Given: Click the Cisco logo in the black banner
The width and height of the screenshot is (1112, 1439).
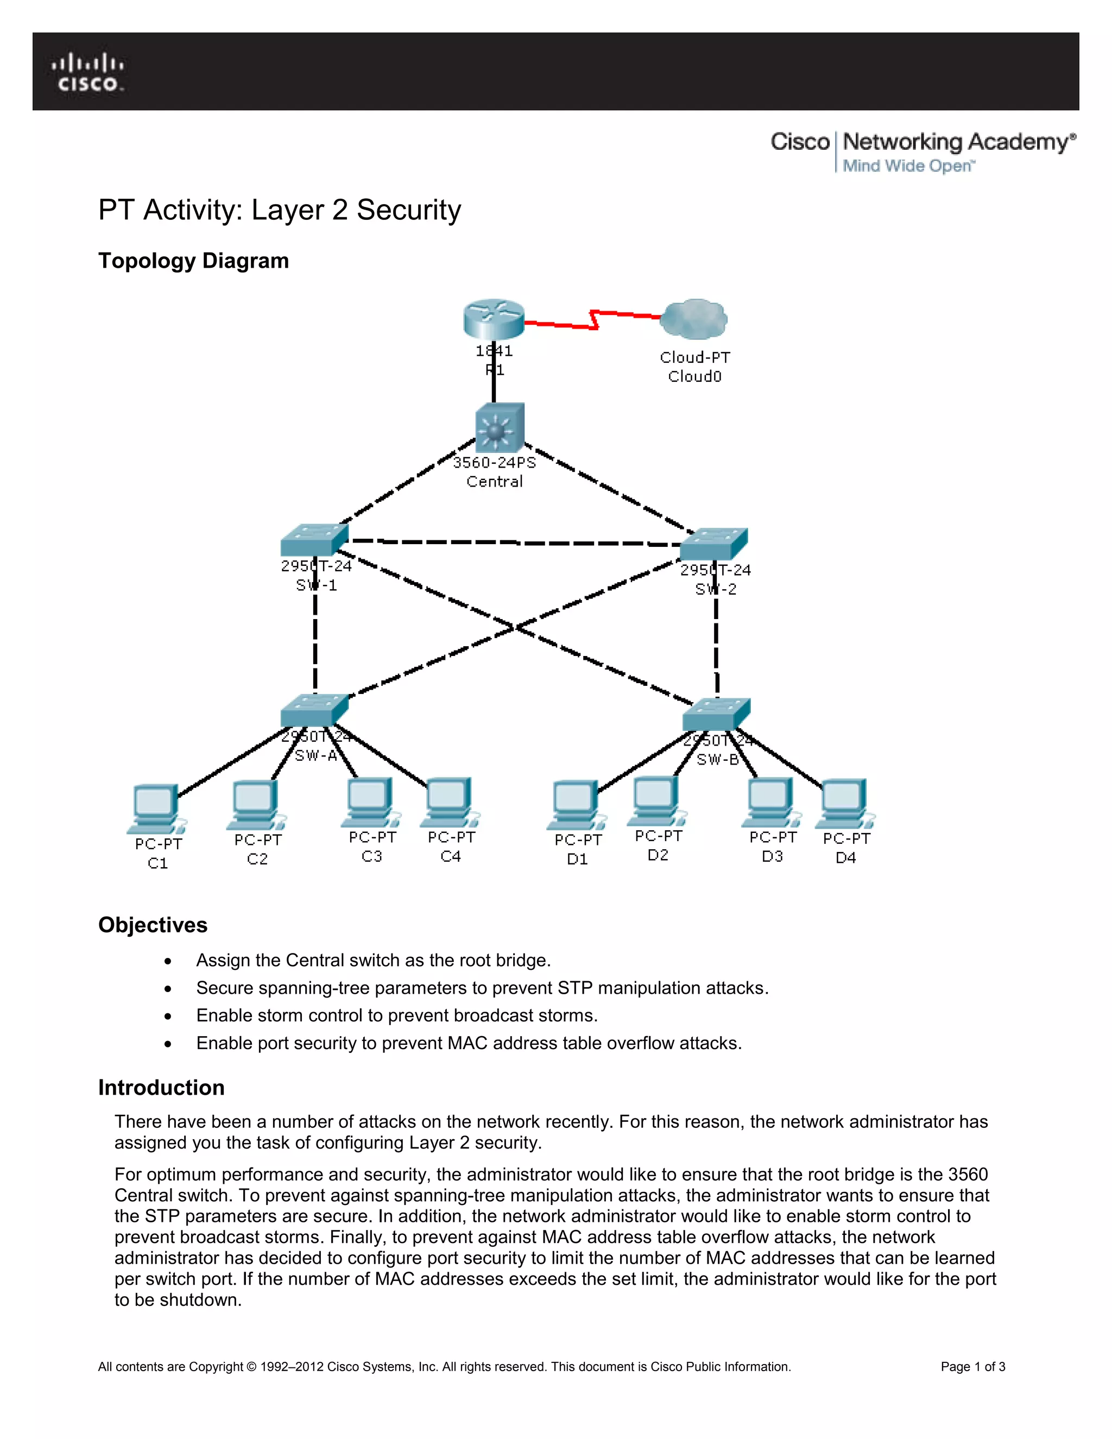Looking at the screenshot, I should coord(87,72).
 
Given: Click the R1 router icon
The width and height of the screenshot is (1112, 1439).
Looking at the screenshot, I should coord(494,319).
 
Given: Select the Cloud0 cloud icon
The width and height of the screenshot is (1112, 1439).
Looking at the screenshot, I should coord(694,319).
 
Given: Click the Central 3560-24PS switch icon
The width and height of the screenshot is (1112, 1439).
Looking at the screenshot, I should coord(500,427).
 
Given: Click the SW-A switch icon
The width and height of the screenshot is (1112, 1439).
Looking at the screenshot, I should coord(314,710).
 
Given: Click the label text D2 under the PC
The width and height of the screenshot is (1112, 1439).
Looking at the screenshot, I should coord(658,855).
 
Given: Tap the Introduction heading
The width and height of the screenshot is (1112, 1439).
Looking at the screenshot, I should coord(161,1087).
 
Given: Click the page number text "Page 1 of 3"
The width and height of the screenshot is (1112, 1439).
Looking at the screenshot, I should coord(972,1367).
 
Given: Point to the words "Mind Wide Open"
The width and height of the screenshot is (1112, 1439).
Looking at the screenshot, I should coord(907,166).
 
